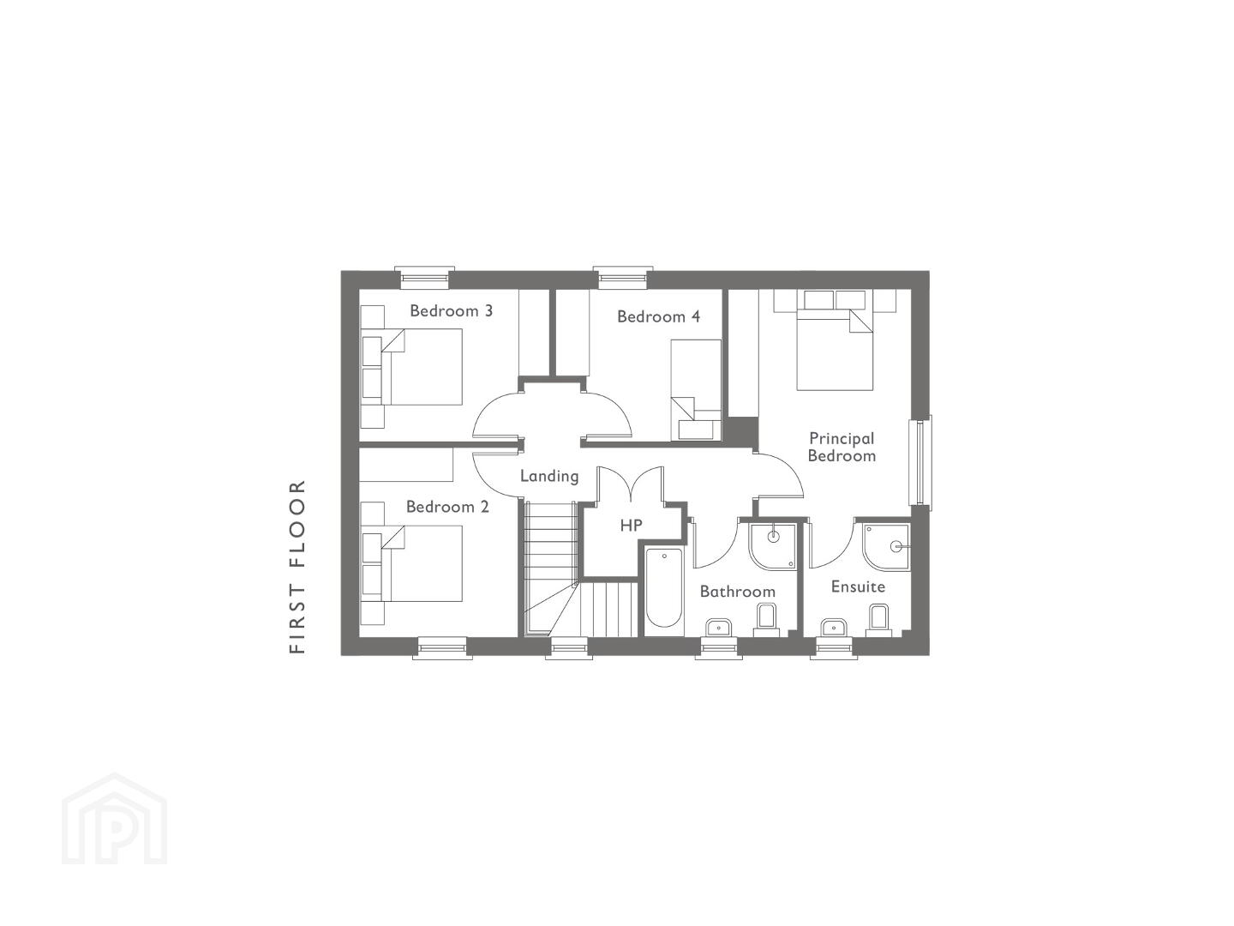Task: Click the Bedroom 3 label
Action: coord(451,311)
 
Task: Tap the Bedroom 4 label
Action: coord(658,316)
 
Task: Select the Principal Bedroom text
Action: coord(842,447)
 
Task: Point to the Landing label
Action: coord(549,476)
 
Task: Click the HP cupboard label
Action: coord(632,525)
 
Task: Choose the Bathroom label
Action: coord(738,592)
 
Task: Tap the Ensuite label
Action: coord(858,586)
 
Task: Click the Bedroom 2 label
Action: coord(447,507)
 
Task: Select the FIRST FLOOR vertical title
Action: coord(297,567)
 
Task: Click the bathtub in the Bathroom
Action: coord(664,591)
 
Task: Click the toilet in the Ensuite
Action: coord(878,620)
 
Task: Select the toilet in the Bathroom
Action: coord(766,620)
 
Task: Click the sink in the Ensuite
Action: coord(834,628)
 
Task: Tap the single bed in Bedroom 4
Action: coord(696,389)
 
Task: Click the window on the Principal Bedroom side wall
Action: coord(920,463)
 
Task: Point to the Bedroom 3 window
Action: coord(424,278)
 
